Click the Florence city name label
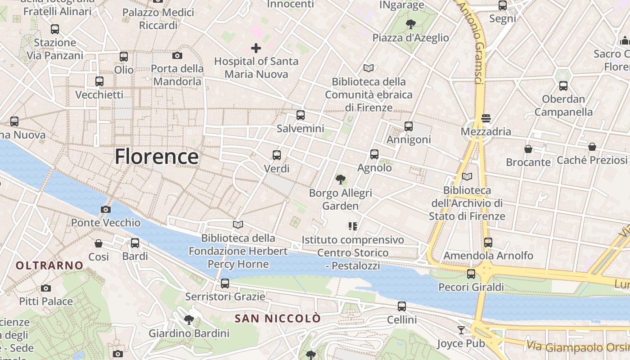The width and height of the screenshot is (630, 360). pos(156,157)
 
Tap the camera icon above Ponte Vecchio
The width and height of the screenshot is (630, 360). pos(106,209)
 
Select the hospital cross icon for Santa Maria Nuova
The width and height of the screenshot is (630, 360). pos(256,48)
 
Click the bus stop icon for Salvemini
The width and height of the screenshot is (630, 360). pos(301,115)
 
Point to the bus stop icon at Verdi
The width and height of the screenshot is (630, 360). pos(277,155)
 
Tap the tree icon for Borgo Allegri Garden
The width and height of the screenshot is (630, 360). pos(341,180)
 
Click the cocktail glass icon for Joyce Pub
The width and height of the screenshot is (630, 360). pos(461,330)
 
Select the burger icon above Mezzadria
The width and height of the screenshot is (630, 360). pos(486,118)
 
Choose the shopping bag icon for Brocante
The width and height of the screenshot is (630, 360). pos(528,148)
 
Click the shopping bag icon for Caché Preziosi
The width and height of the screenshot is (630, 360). pos(592,147)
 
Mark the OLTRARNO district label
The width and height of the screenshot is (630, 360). pos(49,265)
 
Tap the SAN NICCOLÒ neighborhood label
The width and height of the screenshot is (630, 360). pos(278,319)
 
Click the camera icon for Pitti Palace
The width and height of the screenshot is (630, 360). pos(45,288)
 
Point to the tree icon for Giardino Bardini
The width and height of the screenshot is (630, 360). pos(189,320)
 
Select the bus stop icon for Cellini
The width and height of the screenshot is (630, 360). pos(402,306)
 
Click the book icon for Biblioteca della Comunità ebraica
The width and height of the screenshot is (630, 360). pos(369,68)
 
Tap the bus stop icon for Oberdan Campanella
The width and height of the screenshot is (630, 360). pos(563,85)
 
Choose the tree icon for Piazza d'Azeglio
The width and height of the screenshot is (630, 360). pos(410,24)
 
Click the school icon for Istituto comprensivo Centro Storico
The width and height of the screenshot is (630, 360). pos(353,226)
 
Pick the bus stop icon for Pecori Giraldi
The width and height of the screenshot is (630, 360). pos(471,274)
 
